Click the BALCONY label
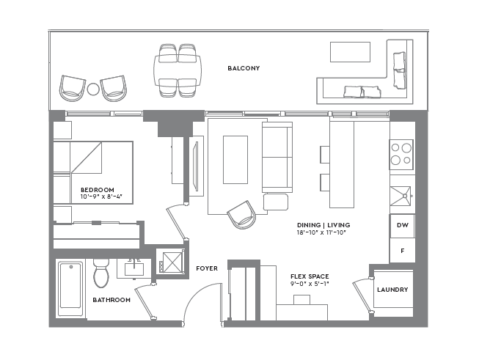click(244, 68)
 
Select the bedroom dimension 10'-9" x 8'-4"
click(101, 196)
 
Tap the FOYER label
click(206, 268)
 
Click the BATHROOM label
click(111, 300)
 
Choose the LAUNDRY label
click(392, 290)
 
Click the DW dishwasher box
click(402, 225)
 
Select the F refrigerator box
click(402, 250)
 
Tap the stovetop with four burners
click(401, 154)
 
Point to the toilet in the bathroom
click(102, 273)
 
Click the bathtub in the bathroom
click(71, 289)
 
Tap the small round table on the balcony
click(93, 89)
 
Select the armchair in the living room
click(242, 214)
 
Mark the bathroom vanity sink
click(134, 268)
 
